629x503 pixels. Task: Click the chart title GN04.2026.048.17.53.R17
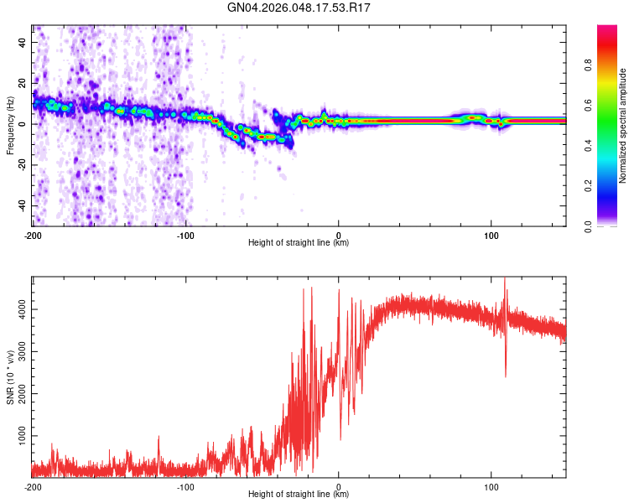tap(299, 8)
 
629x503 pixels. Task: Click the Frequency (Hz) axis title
tap(10, 126)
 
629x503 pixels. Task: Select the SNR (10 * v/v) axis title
tap(10, 376)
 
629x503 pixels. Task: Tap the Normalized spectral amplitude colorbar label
tap(623, 126)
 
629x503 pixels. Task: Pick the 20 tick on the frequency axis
tap(23, 83)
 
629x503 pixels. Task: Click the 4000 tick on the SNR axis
tap(18, 309)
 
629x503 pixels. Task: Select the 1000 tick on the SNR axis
tap(18, 436)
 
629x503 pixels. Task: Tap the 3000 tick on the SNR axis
tap(18, 351)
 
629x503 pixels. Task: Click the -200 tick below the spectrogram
tap(32, 235)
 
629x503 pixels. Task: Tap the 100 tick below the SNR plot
tap(491, 487)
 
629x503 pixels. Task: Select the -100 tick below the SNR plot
tap(185, 487)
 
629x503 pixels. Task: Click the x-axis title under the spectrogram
tap(299, 243)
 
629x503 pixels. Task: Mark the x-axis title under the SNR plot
tap(299, 495)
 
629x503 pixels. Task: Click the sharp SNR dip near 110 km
tap(506, 375)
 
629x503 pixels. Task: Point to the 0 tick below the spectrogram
tap(339, 235)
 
